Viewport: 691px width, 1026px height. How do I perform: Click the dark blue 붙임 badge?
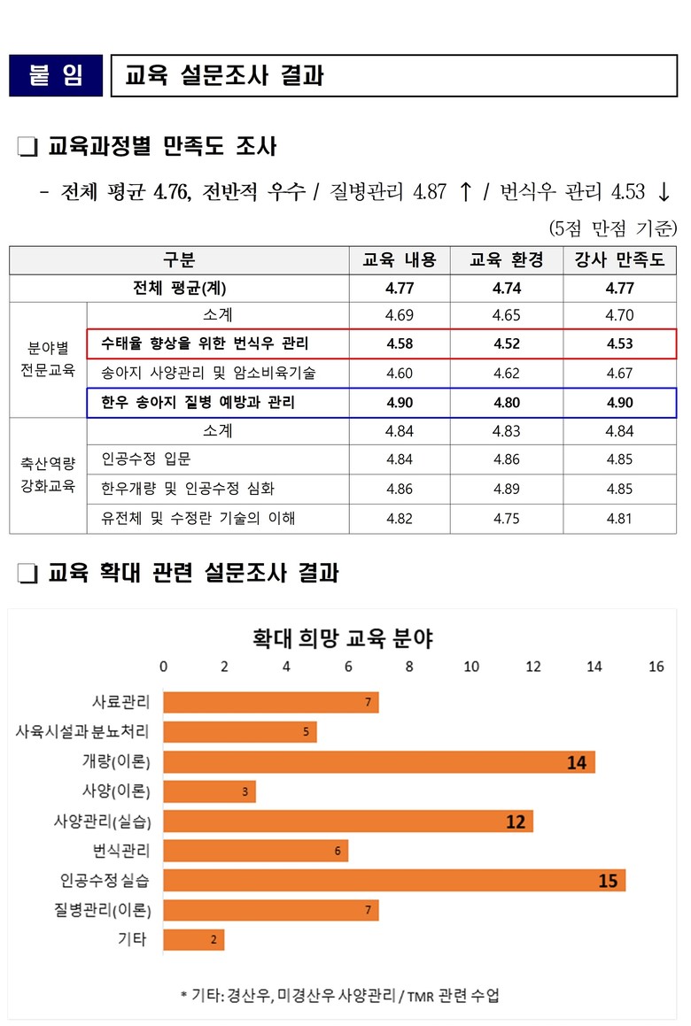(56, 75)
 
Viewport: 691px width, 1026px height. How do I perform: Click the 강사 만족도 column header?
(618, 260)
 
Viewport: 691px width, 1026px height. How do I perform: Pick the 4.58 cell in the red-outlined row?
(400, 343)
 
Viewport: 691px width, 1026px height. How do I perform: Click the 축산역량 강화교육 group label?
(48, 474)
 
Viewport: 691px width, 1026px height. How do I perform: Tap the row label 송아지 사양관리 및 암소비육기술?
(208, 373)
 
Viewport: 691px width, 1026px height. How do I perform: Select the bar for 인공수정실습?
(394, 881)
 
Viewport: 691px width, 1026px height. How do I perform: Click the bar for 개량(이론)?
(379, 761)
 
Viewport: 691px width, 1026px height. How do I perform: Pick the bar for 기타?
(194, 940)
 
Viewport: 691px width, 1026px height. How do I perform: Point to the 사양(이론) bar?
(209, 791)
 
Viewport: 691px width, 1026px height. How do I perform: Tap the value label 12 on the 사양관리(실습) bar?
(516, 822)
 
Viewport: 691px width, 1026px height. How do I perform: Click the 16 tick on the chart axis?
(656, 667)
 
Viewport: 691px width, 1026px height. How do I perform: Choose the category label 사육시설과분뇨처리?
(82, 732)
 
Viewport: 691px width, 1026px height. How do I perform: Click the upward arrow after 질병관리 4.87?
(465, 191)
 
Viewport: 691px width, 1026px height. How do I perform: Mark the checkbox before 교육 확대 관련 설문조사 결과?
(27, 574)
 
